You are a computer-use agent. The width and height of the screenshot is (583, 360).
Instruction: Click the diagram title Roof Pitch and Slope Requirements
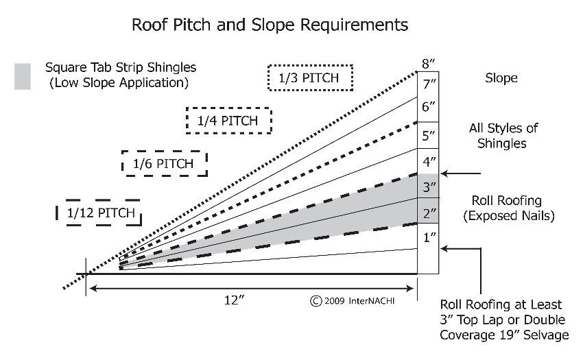[x=270, y=25]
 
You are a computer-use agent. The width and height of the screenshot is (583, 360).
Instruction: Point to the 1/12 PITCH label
[x=100, y=213]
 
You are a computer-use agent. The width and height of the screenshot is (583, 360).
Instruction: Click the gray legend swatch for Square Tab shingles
[x=23, y=76]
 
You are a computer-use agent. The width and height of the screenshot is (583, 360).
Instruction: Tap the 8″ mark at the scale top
[x=428, y=64]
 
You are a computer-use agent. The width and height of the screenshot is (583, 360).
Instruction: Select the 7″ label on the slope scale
[x=429, y=84]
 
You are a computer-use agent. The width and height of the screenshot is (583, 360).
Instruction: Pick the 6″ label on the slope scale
[x=428, y=107]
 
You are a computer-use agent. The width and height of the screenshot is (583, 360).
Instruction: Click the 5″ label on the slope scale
[x=428, y=136]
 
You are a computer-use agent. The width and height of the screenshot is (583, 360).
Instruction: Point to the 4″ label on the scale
[x=429, y=161]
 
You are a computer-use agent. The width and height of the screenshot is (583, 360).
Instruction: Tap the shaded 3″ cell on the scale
[x=428, y=186]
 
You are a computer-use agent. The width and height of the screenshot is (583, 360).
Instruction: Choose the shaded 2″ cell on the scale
[x=428, y=211]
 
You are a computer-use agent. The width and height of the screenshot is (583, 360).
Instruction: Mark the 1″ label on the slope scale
[x=429, y=237]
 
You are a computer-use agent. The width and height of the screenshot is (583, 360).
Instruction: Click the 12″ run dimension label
[x=235, y=300]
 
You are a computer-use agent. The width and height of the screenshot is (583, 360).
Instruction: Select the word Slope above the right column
[x=501, y=78]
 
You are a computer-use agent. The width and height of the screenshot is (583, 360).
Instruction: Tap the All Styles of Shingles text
[x=503, y=136]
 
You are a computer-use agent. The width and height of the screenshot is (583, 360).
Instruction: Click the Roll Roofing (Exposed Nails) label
[x=509, y=208]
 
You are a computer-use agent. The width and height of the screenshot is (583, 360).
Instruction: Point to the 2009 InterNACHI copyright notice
[x=352, y=300]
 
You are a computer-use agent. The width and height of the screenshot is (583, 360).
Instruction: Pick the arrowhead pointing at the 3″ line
[x=444, y=173]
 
